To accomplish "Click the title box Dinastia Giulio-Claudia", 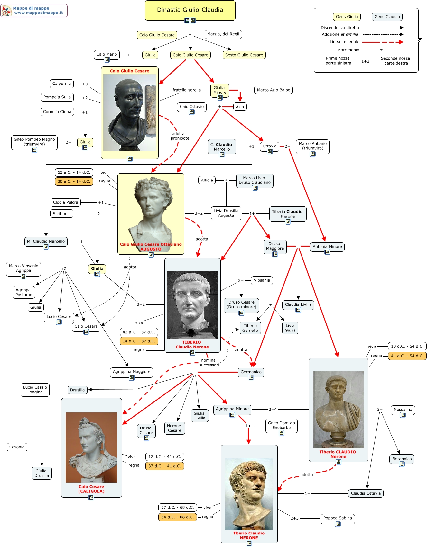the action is pyautogui.click(x=190, y=10).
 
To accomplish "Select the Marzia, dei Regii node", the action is pyautogui.click(x=223, y=34).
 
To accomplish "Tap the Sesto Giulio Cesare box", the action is pyautogui.click(x=244, y=55).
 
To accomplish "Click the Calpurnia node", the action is pyautogui.click(x=61, y=84).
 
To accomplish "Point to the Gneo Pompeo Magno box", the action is pyautogui.click(x=34, y=142).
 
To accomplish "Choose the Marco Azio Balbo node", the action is pyautogui.click(x=274, y=90).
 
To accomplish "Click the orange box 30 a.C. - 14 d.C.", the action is pyautogui.click(x=74, y=181).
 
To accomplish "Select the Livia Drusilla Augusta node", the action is pyautogui.click(x=226, y=213).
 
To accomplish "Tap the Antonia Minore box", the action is pyautogui.click(x=327, y=247).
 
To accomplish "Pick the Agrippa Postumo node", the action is pyautogui.click(x=24, y=292).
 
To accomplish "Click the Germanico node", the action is pyautogui.click(x=251, y=372).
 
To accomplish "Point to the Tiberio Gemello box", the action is pyautogui.click(x=250, y=328).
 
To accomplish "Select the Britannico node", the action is pyautogui.click(x=402, y=459).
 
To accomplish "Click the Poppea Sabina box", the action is pyautogui.click(x=338, y=518).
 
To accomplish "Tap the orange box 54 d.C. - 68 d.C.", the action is pyautogui.click(x=177, y=517).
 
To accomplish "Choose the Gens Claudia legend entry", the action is pyautogui.click(x=387, y=17).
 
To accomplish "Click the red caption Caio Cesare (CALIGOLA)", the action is pyautogui.click(x=91, y=489).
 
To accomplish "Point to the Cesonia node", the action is pyautogui.click(x=17, y=447).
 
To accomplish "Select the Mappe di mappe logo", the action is pyautogui.click(x=34, y=11).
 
